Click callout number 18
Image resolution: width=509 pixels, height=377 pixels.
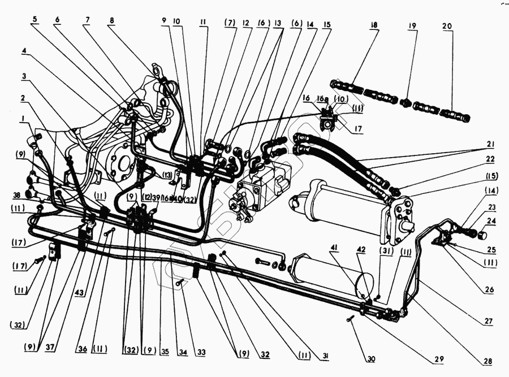click(x=374, y=26)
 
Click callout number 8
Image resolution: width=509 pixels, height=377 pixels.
click(x=111, y=20)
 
